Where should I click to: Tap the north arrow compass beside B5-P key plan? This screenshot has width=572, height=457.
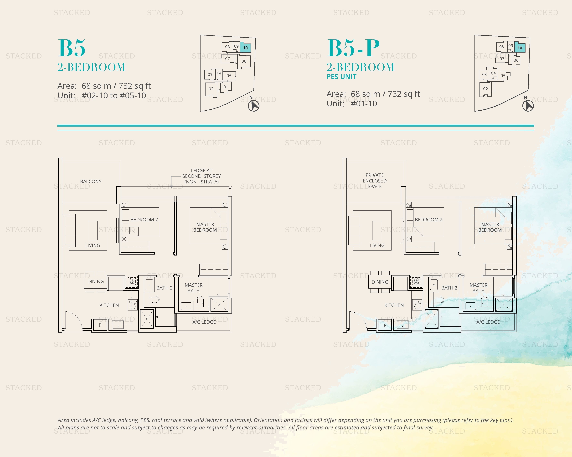528,106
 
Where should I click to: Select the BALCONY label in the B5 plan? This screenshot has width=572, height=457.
91,182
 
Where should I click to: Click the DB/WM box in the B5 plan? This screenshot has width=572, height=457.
132,281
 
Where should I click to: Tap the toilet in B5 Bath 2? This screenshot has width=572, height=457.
154,300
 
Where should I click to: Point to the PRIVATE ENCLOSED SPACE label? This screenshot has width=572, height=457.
375,181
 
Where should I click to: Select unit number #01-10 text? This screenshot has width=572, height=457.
364,104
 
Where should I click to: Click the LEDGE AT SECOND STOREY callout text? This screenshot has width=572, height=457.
202,176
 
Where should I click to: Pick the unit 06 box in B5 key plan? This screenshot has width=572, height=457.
244,61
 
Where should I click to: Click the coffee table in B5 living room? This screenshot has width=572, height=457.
93,230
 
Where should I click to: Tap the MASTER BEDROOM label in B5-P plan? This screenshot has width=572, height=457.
490,227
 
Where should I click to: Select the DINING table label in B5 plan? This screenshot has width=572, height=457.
96,281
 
